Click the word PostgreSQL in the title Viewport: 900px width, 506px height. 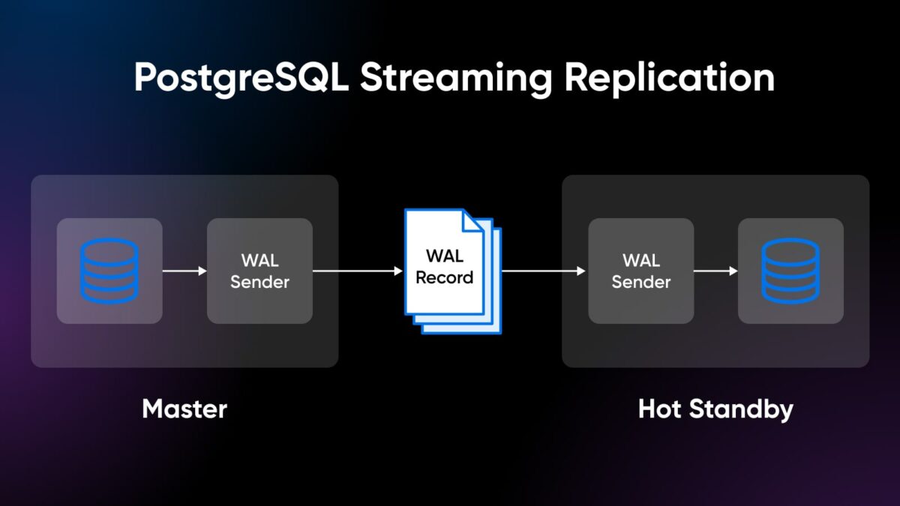[x=241, y=78]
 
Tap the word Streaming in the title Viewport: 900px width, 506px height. [x=456, y=78]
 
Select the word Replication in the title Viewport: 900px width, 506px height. [x=670, y=78]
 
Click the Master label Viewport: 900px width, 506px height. [x=184, y=409]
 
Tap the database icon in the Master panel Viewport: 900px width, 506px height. [x=109, y=271]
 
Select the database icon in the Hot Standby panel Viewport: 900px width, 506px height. [x=790, y=271]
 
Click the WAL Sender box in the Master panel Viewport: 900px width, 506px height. [x=259, y=271]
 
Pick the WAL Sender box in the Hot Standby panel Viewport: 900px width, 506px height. [x=640, y=271]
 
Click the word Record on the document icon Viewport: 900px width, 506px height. [x=444, y=277]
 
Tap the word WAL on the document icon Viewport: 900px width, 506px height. [x=444, y=256]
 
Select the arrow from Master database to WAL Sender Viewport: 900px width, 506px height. [x=184, y=271]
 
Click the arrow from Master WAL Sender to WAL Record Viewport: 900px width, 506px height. [x=358, y=271]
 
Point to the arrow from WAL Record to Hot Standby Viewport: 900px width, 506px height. [x=544, y=271]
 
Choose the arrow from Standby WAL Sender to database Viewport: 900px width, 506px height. [x=715, y=271]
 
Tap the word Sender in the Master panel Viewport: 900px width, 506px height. [x=259, y=282]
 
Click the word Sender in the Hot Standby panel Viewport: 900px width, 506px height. [x=640, y=282]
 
